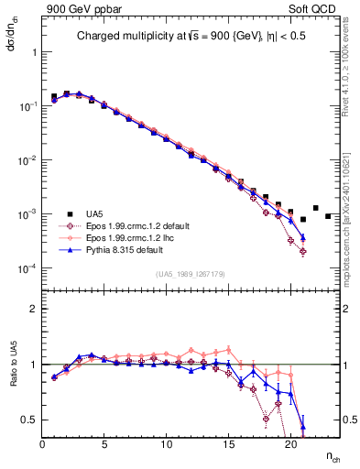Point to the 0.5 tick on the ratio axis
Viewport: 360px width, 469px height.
tap(29, 420)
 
